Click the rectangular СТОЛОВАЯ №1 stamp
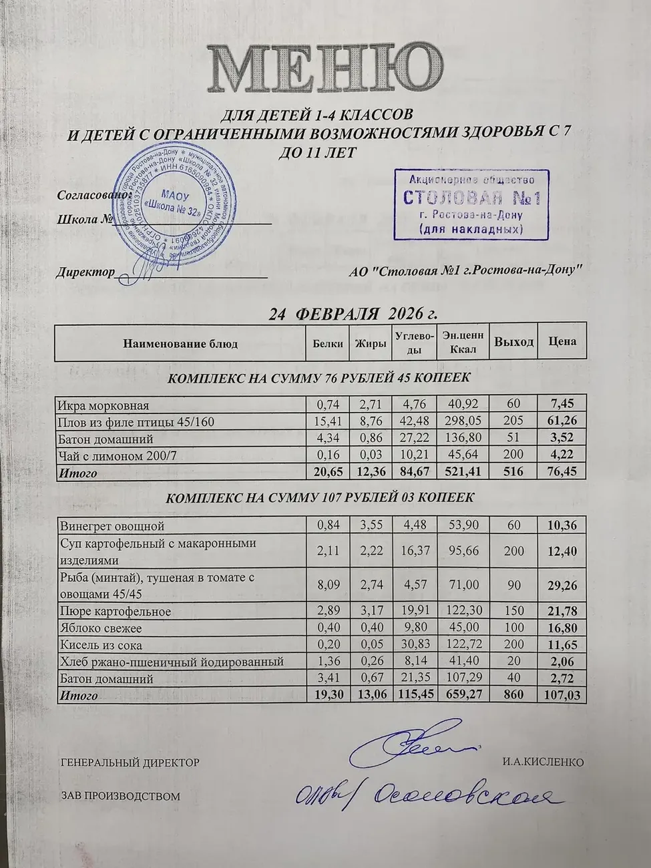tap(471, 204)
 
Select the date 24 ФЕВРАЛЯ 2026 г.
tap(353, 314)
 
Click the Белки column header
tap(327, 343)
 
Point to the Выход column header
tap(513, 342)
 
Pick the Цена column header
tap(562, 341)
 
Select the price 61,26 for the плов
tap(562, 422)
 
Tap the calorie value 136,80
tap(463, 439)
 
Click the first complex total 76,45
tap(562, 473)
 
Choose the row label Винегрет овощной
tap(112, 526)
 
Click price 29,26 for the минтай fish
tap(562, 585)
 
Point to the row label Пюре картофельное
tap(115, 612)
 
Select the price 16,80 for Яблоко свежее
tap(562, 628)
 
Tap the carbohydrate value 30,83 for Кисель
tap(415, 645)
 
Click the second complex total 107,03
tap(562, 696)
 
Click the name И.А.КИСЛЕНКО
tap(544, 763)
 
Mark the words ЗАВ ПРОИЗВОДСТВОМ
tap(120, 797)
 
